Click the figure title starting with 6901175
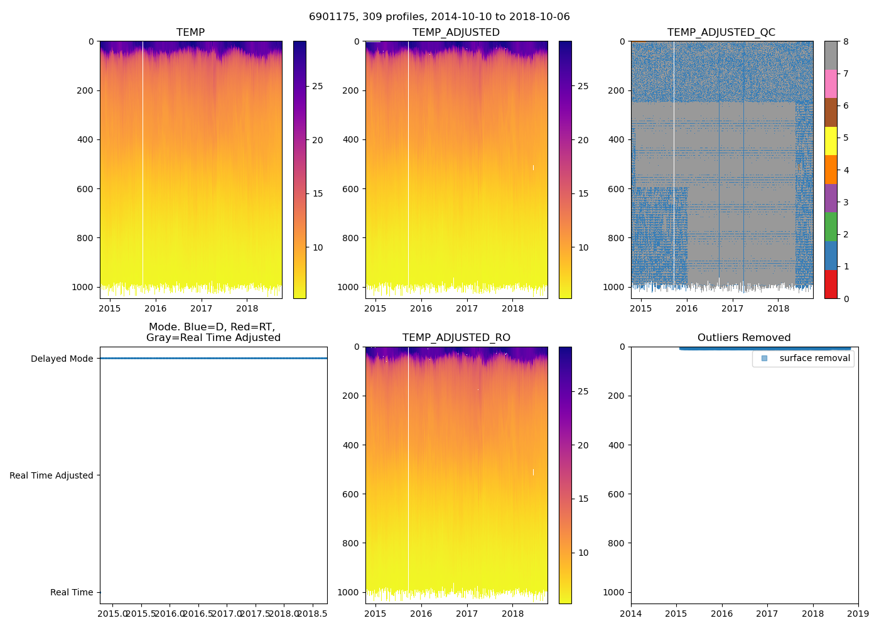coord(439,17)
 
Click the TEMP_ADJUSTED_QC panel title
coord(721,33)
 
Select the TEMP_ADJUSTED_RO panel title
coord(456,338)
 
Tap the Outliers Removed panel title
coord(744,338)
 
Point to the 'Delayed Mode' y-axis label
coord(62,359)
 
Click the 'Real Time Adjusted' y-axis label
coord(51,475)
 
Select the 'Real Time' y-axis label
coord(72,592)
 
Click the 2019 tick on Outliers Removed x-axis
coord(858,614)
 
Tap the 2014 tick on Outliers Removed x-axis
coord(631,614)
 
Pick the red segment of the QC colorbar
coord(831,284)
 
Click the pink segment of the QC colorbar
coord(831,84)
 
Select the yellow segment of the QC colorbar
coord(831,141)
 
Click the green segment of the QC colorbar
coord(831,227)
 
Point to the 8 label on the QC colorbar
coord(846,42)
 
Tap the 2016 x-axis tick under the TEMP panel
coord(156,308)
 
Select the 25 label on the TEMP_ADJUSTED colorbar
coord(583,86)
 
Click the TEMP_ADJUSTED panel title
coord(456,33)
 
